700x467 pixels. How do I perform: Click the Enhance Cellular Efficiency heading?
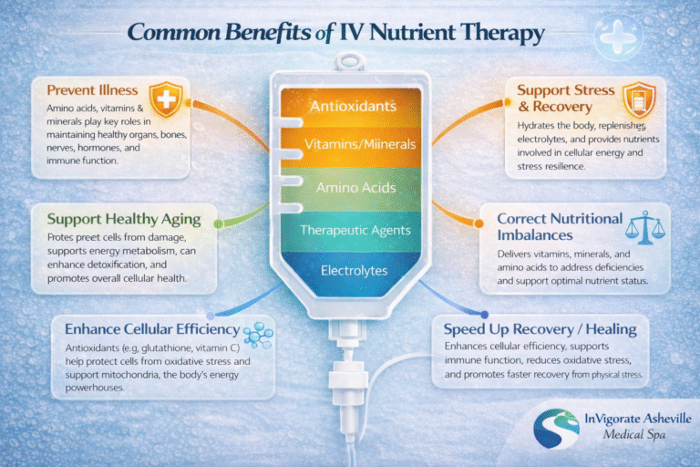click(x=146, y=328)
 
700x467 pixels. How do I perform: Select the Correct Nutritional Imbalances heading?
click(x=561, y=228)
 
